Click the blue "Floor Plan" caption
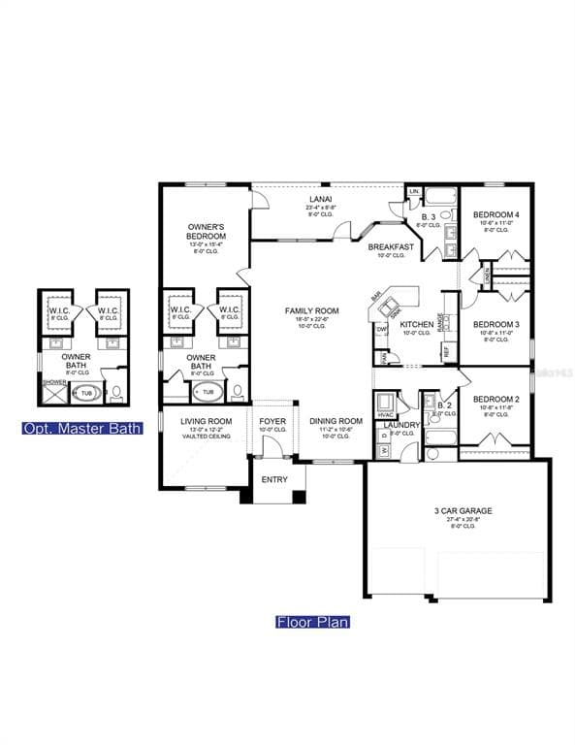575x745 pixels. [x=312, y=622]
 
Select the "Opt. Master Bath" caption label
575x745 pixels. [x=82, y=428]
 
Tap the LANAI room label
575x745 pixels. [x=320, y=199]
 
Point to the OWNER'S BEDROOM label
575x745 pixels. [x=207, y=232]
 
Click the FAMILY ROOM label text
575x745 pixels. [x=308, y=311]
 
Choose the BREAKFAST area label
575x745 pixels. [x=391, y=247]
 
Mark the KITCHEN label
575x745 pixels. [x=416, y=325]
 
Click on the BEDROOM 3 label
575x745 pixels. [x=495, y=324]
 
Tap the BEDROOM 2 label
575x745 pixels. [x=495, y=399]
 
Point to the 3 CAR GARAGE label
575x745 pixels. [x=462, y=510]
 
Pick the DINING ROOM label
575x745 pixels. [x=335, y=421]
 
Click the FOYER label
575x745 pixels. [x=272, y=421]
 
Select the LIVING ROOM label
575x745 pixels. [x=207, y=421]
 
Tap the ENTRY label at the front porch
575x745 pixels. [x=274, y=479]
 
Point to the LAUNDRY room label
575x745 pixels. [x=401, y=425]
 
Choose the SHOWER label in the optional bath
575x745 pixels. [x=52, y=381]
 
